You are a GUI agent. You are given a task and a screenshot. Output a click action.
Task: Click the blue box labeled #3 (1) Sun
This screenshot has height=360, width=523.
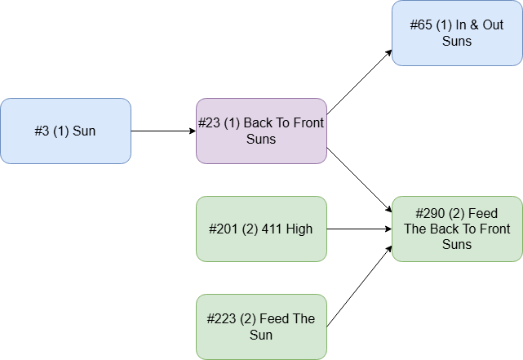[x=65, y=131]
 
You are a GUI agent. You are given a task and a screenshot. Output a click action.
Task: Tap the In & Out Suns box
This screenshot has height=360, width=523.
[x=457, y=33]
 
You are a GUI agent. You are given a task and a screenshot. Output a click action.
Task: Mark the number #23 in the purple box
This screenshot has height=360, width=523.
[x=210, y=123]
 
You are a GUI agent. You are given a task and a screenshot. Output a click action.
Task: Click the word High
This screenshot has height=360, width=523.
[x=299, y=229]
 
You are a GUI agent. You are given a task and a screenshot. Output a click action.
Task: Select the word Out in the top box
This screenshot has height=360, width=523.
[x=492, y=25]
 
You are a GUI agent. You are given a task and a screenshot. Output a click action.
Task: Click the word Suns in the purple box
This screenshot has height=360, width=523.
[x=261, y=139]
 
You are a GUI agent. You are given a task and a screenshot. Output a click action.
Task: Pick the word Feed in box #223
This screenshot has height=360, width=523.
[x=274, y=319]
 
